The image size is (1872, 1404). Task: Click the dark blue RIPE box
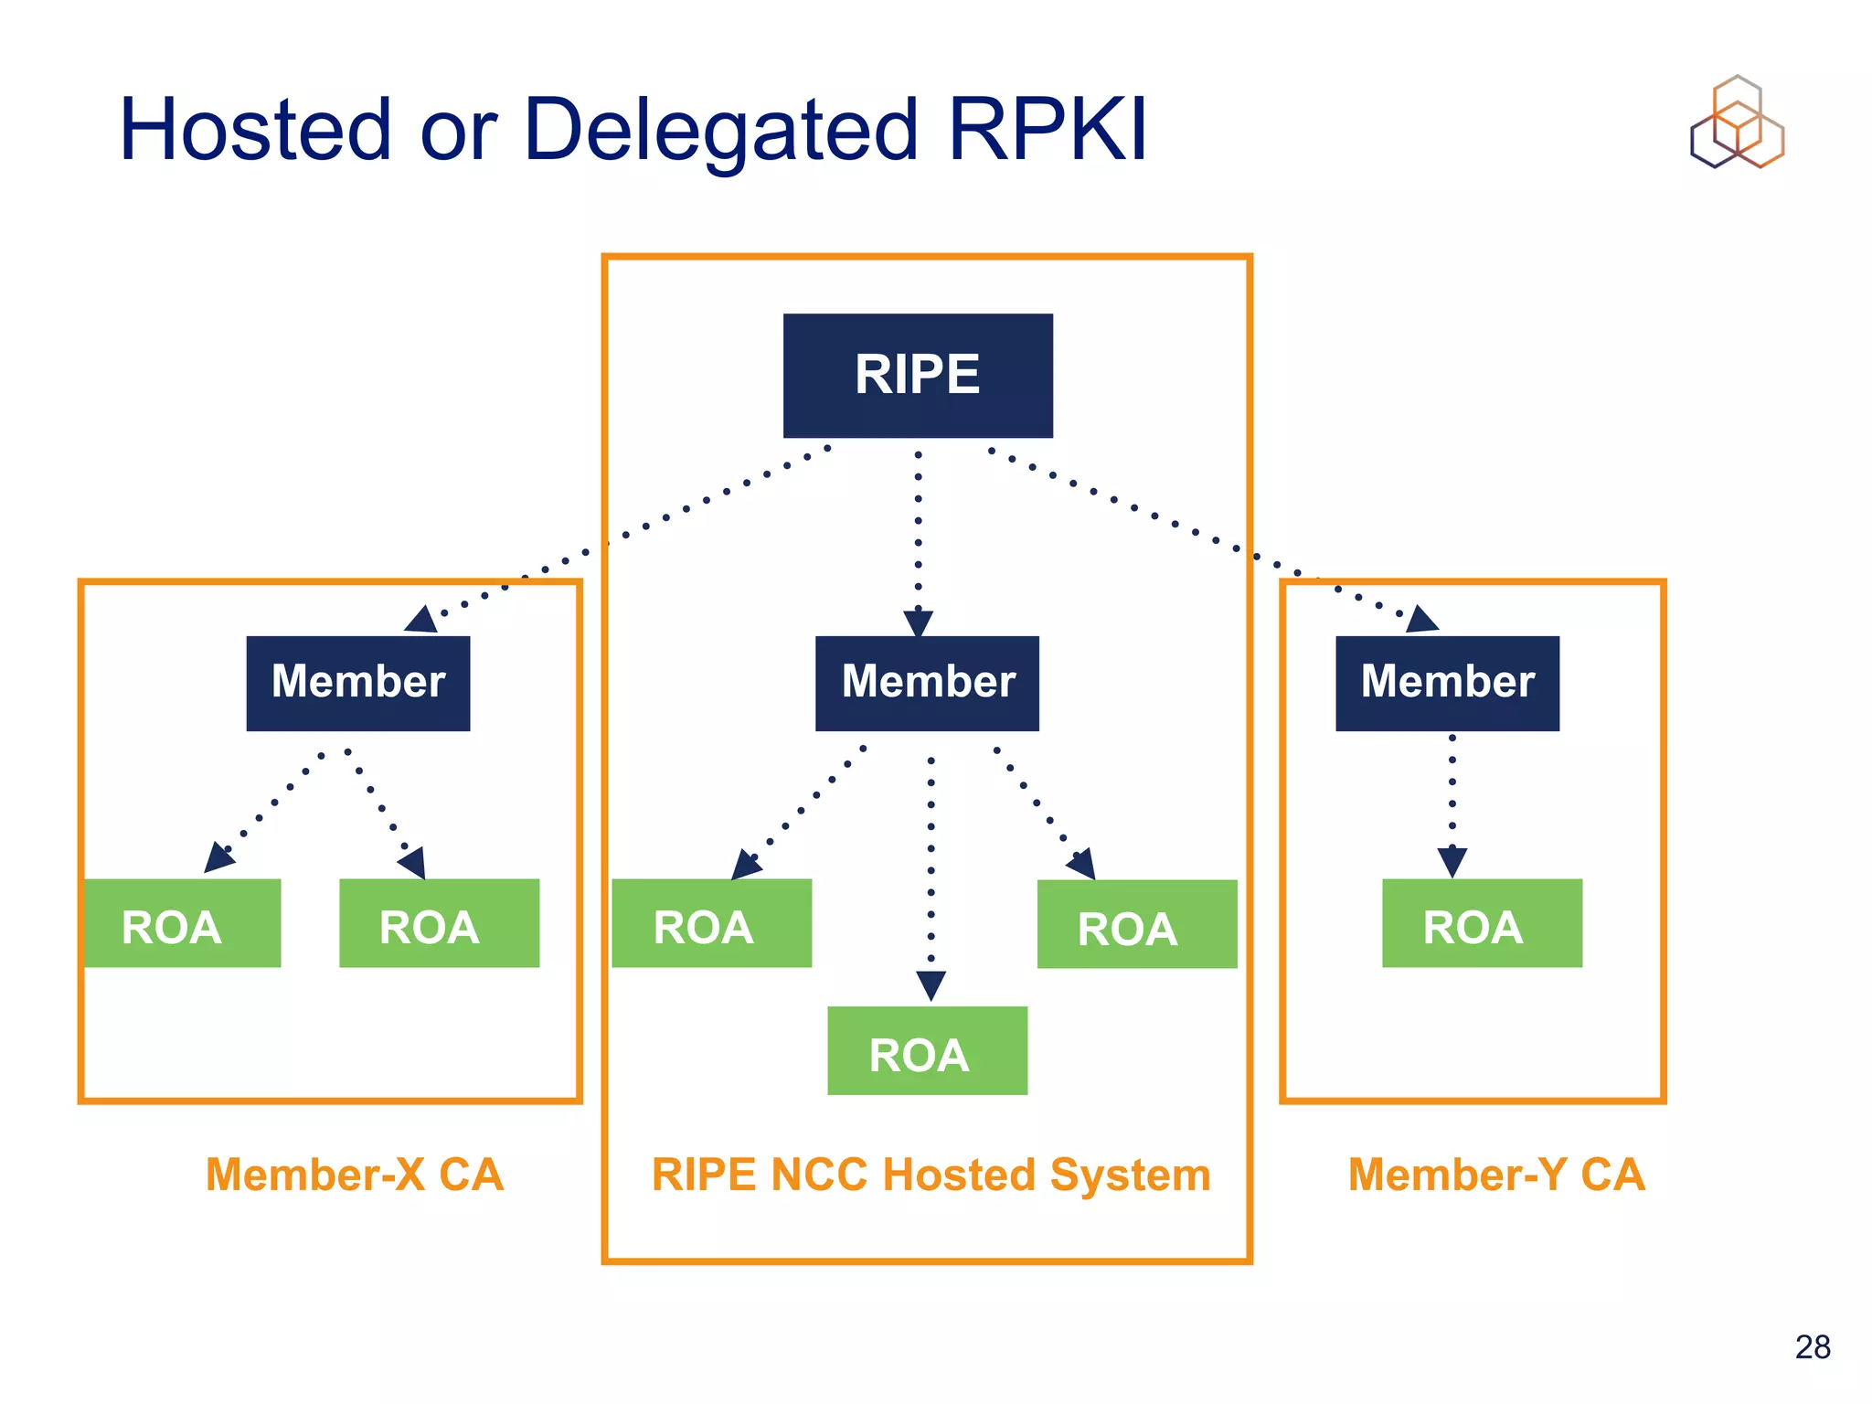[x=918, y=376]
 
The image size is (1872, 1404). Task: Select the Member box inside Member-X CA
[x=358, y=683]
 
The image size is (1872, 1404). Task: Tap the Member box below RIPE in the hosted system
[x=927, y=683]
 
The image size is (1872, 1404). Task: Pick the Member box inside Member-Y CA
[x=1447, y=683]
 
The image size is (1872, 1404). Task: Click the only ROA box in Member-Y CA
[x=1482, y=923]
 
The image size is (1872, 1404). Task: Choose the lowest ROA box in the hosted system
[x=927, y=1050]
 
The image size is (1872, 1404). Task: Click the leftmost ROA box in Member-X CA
[x=181, y=923]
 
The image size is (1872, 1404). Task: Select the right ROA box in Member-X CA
[x=439, y=923]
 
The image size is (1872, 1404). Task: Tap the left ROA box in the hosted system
[x=711, y=923]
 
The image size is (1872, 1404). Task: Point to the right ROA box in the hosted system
[x=1137, y=924]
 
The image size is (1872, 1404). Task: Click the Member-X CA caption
[x=355, y=1175]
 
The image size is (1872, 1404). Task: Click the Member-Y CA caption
[x=1496, y=1175]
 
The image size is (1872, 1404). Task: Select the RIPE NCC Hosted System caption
[x=931, y=1175]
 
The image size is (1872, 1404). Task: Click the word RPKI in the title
[x=1048, y=130]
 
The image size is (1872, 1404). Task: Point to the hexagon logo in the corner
[x=1737, y=122]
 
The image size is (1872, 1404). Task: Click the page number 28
[x=1812, y=1346]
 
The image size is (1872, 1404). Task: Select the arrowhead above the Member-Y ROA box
[x=1452, y=862]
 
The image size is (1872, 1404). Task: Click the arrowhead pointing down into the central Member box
[x=918, y=623]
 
